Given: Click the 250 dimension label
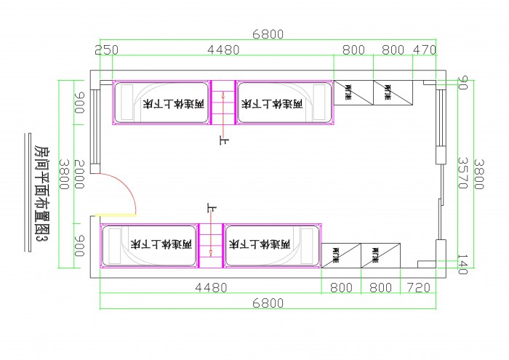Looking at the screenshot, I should [x=107, y=49].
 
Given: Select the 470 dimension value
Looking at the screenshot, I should [x=425, y=49].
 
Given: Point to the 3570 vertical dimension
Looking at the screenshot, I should [x=461, y=173].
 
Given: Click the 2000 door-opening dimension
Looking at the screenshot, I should [x=80, y=175].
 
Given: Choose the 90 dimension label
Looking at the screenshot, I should [x=462, y=83].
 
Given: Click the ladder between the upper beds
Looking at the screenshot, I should [x=223, y=102].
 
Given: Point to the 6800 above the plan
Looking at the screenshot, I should [x=268, y=34].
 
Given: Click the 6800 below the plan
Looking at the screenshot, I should [x=268, y=303].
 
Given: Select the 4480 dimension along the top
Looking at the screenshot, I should [x=223, y=49].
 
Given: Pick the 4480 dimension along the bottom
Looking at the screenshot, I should [x=211, y=288].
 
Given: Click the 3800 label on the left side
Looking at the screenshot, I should [x=64, y=175].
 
